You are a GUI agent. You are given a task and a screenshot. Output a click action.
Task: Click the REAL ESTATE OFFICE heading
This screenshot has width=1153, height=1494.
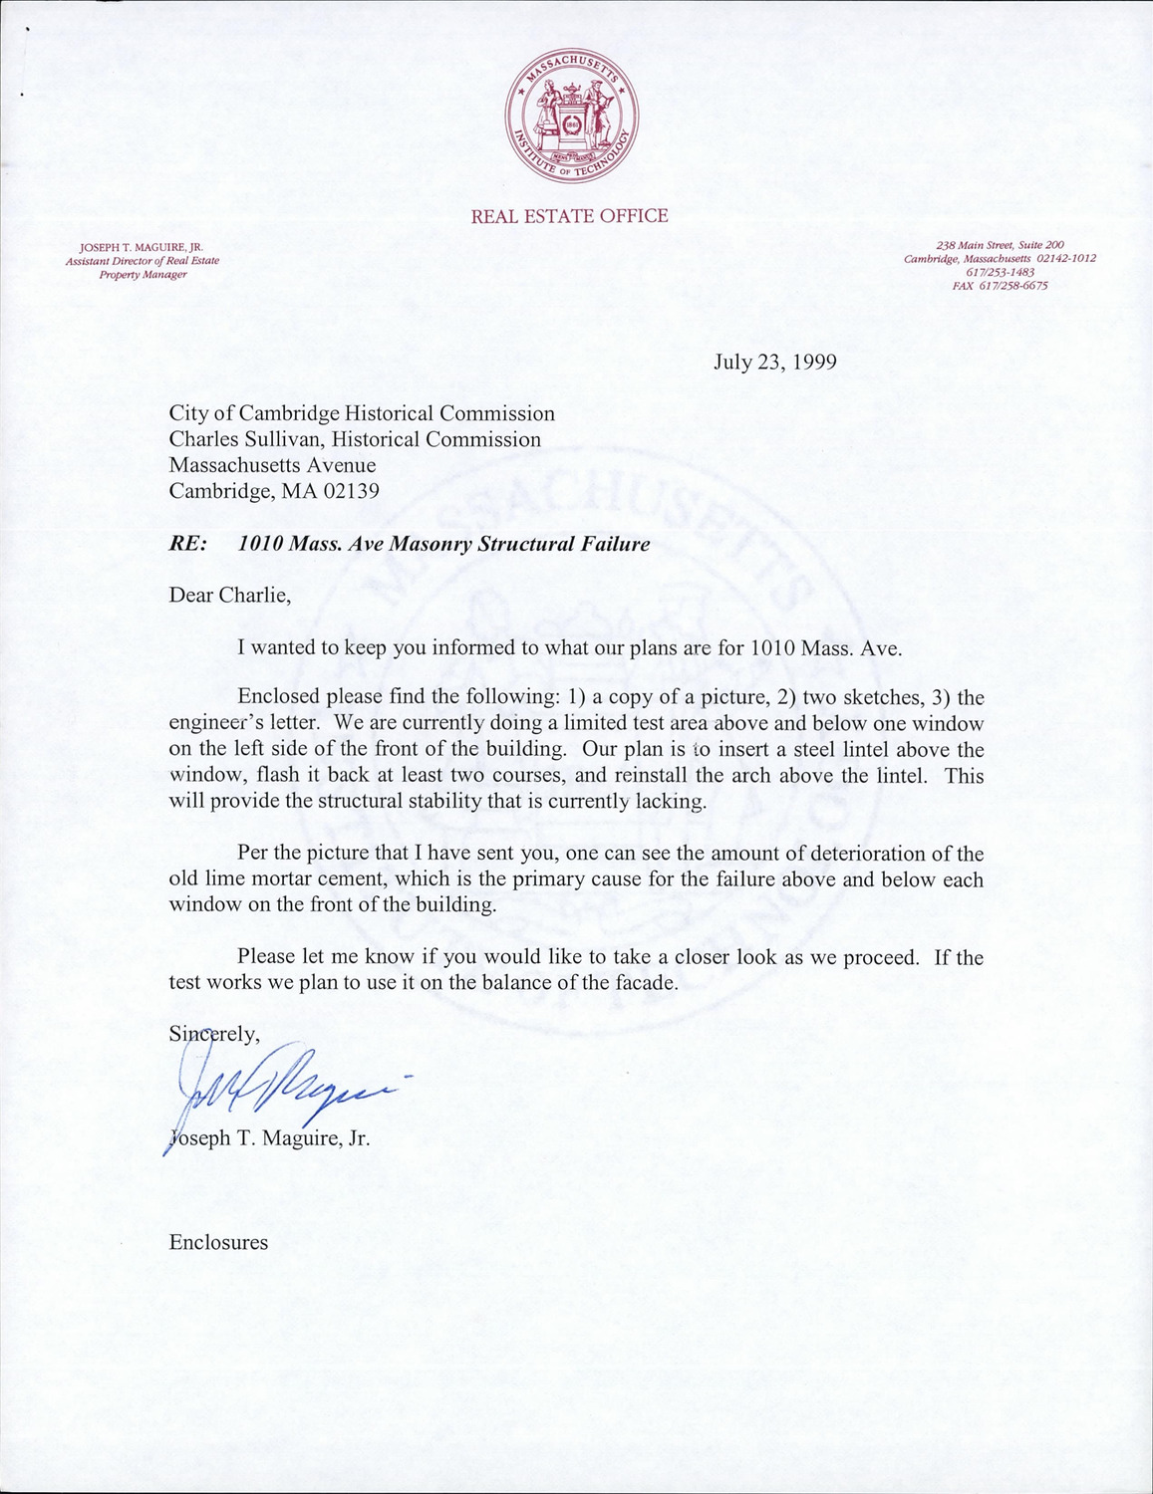tap(569, 216)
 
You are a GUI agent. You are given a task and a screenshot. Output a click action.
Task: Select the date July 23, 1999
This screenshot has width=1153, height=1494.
tap(774, 362)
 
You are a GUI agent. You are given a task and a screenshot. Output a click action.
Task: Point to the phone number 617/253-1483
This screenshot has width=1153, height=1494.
tap(1000, 272)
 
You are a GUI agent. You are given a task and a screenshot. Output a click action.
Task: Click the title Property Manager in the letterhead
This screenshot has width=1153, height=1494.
tap(143, 274)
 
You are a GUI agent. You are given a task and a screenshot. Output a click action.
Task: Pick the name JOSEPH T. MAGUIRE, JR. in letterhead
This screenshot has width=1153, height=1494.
tap(142, 247)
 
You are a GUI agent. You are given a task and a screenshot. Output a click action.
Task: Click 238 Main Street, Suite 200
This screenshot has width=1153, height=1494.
tap(1000, 245)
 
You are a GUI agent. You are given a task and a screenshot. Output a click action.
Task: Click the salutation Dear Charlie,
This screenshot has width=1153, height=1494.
tap(230, 596)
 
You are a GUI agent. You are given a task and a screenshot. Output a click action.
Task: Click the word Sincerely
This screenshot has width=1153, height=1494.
tap(213, 1034)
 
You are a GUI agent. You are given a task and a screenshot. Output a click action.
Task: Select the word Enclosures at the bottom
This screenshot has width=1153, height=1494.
tap(218, 1242)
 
